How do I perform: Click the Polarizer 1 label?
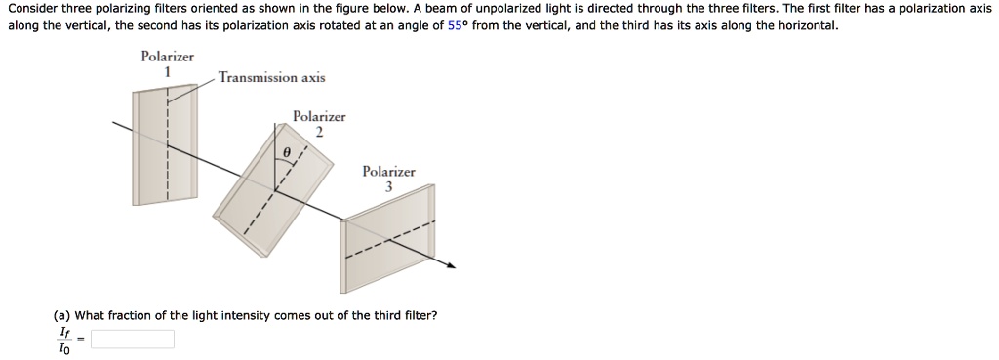[167, 63]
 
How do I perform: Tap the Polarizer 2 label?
[319, 123]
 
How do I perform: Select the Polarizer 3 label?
[388, 179]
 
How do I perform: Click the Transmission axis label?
[272, 77]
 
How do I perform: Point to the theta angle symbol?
[286, 153]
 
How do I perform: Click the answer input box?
[133, 340]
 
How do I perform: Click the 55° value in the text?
[459, 25]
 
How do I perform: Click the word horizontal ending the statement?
[804, 25]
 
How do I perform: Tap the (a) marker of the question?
[61, 315]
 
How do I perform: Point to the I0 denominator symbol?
[64, 349]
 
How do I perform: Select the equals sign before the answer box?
[82, 340]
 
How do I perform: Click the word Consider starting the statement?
[32, 8]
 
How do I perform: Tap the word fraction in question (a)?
[132, 315]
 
